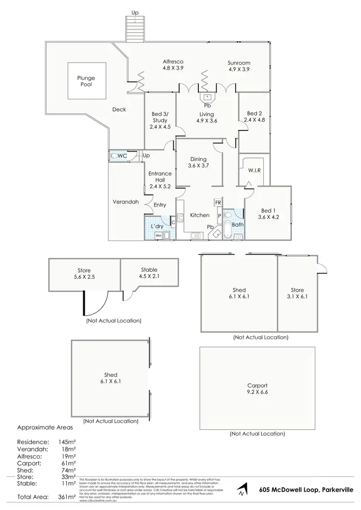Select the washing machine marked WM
pos(158,235)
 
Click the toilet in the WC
pos(114,156)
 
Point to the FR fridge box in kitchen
pos(218,203)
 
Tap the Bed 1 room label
pos(269,214)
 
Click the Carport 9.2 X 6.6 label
pos(257,389)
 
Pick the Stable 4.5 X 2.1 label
pos(149,273)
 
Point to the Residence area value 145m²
pos(67,441)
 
